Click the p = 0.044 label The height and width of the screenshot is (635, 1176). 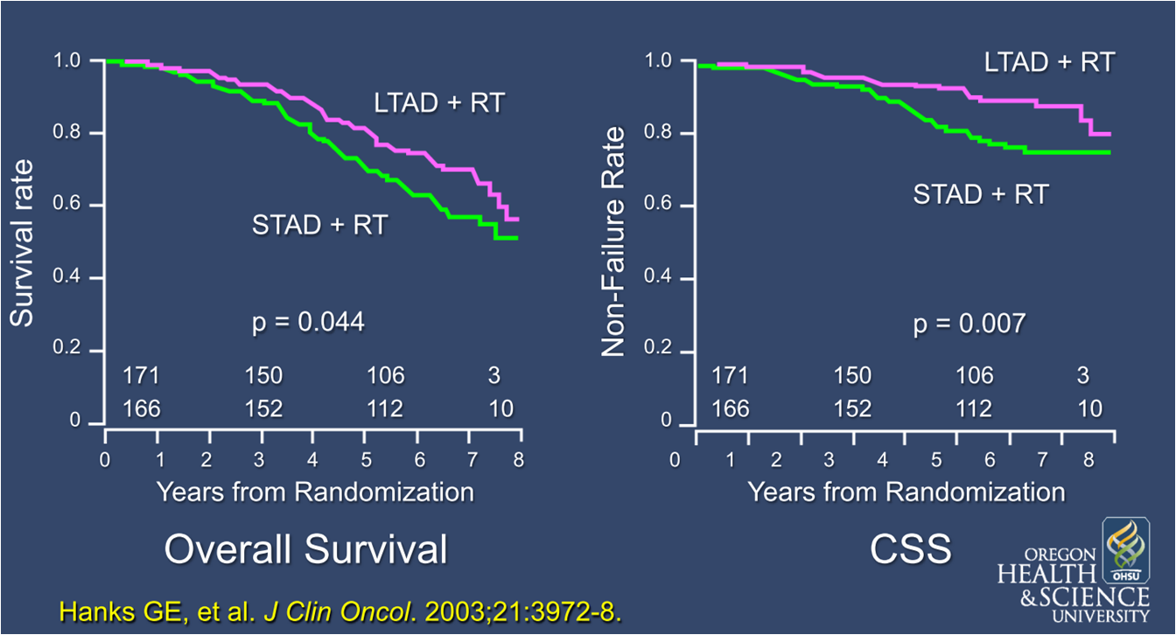click(307, 324)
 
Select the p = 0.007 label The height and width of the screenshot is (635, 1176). click(969, 324)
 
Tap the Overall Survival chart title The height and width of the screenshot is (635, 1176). click(306, 550)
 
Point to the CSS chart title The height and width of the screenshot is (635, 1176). click(911, 550)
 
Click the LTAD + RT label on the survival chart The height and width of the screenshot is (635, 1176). click(439, 103)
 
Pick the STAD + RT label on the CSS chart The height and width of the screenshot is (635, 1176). click(980, 194)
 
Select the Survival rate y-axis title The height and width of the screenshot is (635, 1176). click(23, 242)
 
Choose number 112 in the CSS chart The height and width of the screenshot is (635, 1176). click(975, 408)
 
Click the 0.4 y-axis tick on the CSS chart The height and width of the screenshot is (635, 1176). click(658, 279)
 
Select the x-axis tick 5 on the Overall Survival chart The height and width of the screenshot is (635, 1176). click(365, 460)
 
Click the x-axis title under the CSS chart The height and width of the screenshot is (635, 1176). click(906, 491)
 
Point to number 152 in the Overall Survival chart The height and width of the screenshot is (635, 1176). click(263, 408)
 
